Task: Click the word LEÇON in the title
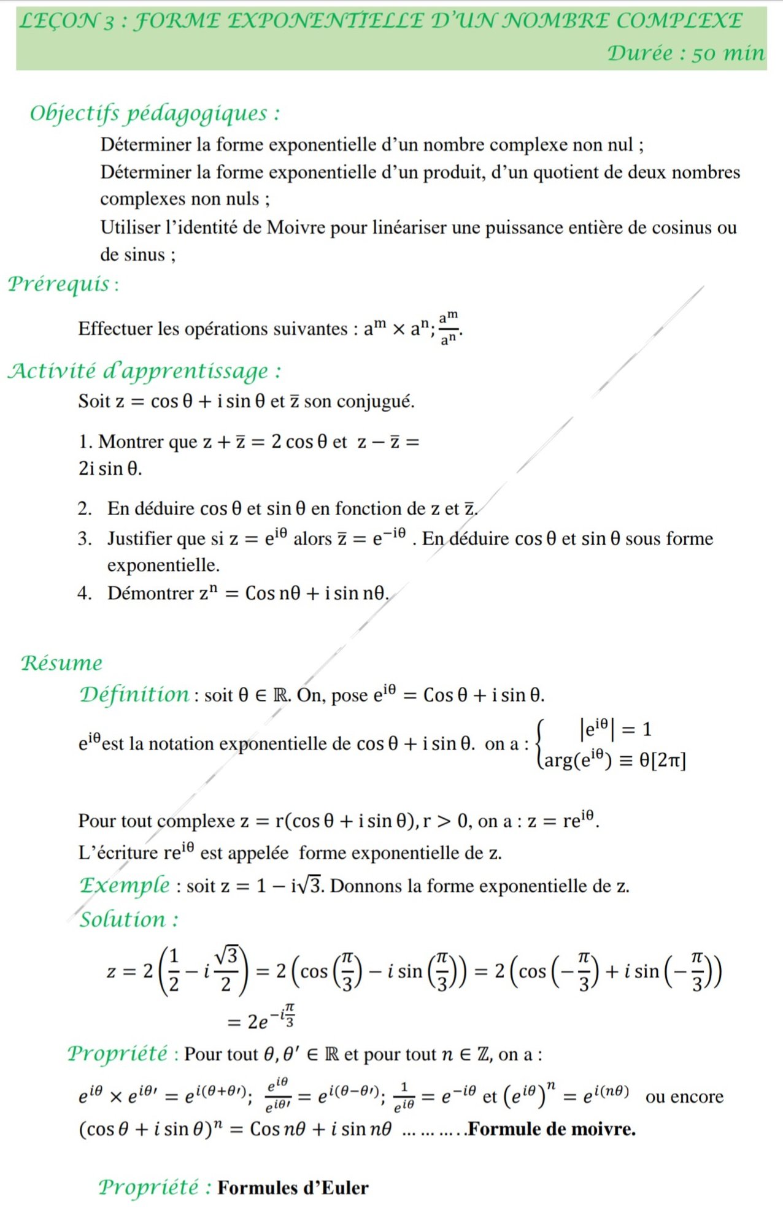click(58, 21)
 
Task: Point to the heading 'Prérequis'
click(61, 283)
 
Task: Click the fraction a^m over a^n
click(449, 328)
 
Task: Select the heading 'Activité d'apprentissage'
click(144, 371)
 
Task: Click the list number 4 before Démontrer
click(84, 593)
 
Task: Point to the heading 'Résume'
click(61, 663)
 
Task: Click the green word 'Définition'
click(134, 694)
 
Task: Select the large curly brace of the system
click(541, 744)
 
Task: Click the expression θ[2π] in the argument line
click(662, 761)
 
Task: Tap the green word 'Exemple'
click(125, 885)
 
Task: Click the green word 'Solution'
click(128, 919)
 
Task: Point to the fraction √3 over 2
click(226, 969)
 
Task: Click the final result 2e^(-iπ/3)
click(261, 1019)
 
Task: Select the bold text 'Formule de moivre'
click(552, 1129)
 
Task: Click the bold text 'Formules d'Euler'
click(293, 1188)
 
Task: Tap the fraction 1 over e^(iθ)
click(404, 1097)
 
